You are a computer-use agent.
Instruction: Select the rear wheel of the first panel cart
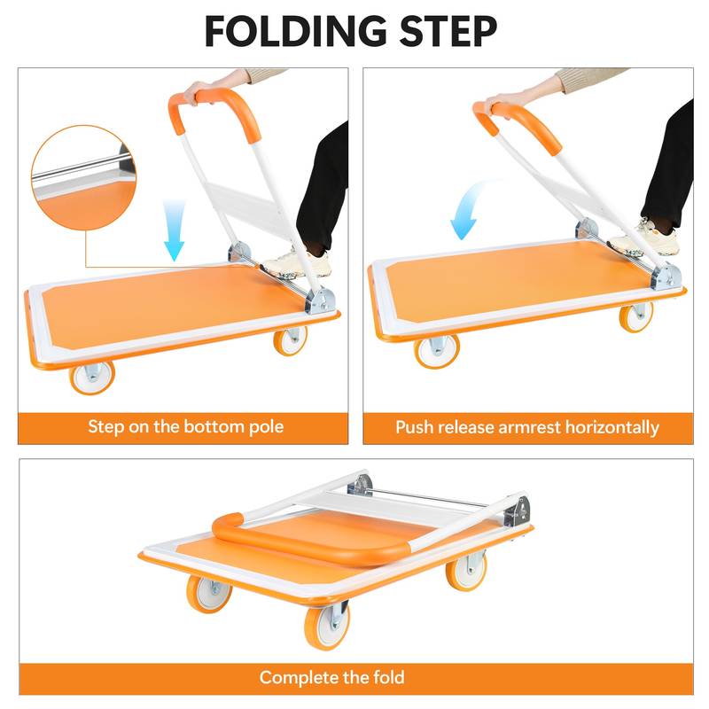point(290,339)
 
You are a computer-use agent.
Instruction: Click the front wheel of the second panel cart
point(437,350)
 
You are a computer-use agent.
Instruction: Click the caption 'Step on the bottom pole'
point(185,426)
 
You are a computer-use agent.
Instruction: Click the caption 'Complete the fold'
point(331,678)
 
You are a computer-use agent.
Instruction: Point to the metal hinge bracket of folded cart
point(516,512)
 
